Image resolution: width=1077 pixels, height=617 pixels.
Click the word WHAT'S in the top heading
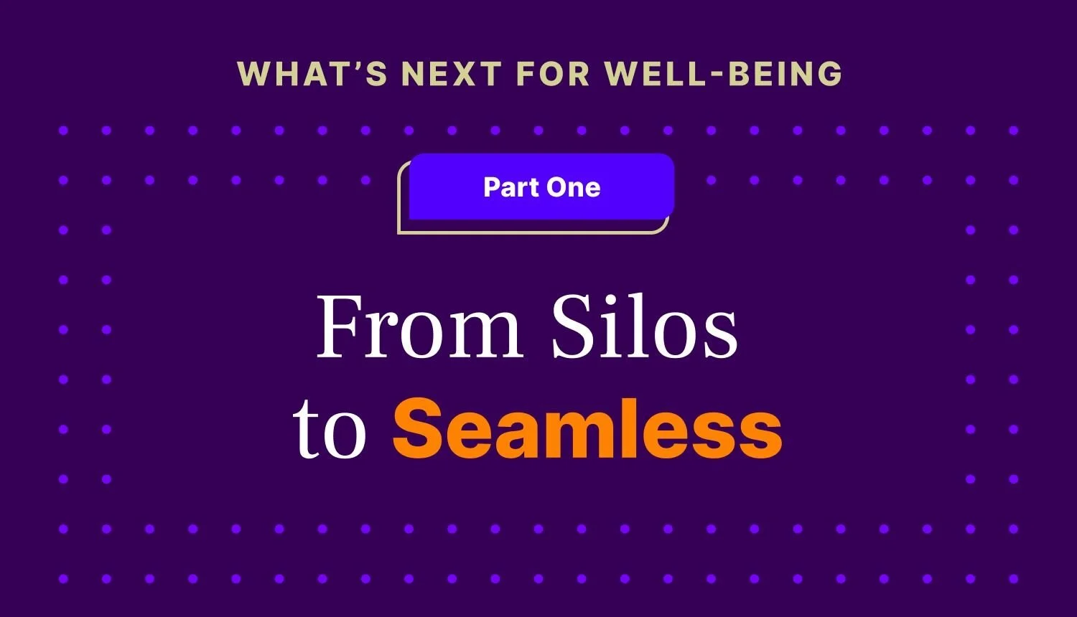click(312, 74)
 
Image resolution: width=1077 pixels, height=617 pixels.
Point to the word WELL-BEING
click(723, 74)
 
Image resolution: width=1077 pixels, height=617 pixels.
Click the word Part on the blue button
click(510, 187)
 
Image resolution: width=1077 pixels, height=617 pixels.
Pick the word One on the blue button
click(573, 187)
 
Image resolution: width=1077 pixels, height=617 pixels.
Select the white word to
click(330, 430)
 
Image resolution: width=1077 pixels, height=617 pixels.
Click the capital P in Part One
click(492, 187)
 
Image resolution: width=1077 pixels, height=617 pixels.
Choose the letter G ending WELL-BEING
click(828, 74)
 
